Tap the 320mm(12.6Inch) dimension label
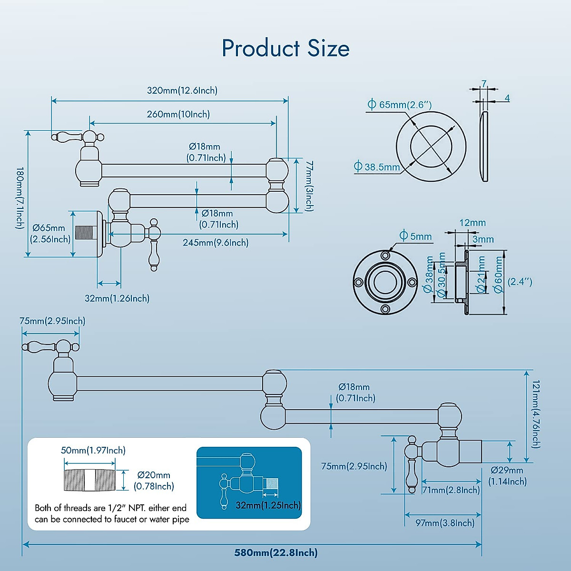click(x=182, y=90)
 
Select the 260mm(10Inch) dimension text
click(x=178, y=114)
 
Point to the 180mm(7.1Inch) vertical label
click(x=20, y=198)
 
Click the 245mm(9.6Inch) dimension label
click(x=216, y=243)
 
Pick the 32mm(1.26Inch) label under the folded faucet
click(x=117, y=298)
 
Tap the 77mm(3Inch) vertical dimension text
click(x=309, y=186)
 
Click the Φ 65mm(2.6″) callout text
click(x=400, y=105)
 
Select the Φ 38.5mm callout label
click(x=377, y=167)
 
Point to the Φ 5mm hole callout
click(x=415, y=236)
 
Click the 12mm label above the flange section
click(x=473, y=223)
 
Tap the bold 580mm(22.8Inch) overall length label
click(x=276, y=552)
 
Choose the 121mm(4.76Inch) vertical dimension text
click(x=536, y=414)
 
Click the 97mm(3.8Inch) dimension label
click(x=445, y=523)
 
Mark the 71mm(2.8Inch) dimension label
click(x=451, y=490)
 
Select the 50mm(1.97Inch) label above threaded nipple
click(x=93, y=450)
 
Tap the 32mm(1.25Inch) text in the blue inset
click(x=268, y=505)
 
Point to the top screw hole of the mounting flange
click(x=385, y=256)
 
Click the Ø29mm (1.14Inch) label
click(x=507, y=476)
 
